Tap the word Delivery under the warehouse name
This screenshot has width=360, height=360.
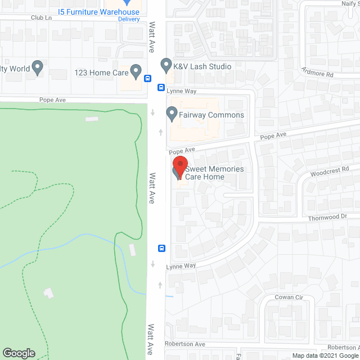point(129,19)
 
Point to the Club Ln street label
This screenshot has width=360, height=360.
point(41,17)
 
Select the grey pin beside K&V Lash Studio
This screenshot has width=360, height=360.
point(166,66)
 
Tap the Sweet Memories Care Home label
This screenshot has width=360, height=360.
point(214,173)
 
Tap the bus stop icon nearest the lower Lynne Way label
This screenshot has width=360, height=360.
point(161,248)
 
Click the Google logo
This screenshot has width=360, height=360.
point(19,353)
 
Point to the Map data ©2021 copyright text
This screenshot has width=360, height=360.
point(323,355)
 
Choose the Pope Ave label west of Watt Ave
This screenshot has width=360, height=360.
point(53,100)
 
